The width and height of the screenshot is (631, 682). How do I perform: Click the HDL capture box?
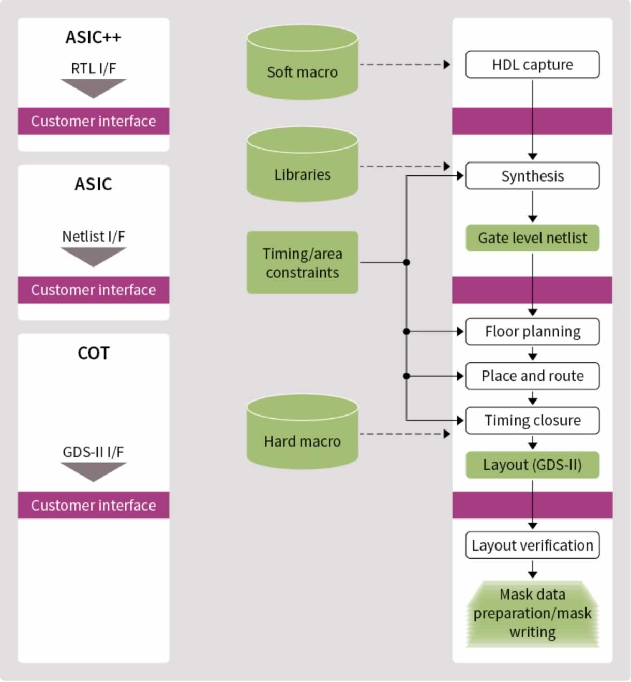(532, 65)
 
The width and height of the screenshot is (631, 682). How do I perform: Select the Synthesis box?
(532, 176)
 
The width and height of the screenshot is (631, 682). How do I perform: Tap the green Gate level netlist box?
(532, 238)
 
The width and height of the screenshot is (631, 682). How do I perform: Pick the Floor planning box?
(532, 331)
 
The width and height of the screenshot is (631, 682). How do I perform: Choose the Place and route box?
(532, 376)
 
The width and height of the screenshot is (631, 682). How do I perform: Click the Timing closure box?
(532, 420)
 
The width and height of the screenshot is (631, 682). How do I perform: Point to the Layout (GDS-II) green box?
(532, 465)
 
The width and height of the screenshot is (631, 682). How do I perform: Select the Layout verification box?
(532, 545)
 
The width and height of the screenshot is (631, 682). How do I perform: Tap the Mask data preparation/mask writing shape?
(532, 614)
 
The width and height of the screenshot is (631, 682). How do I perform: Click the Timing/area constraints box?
(303, 263)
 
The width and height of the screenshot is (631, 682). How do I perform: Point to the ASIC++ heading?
(93, 37)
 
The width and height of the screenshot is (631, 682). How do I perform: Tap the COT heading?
(93, 353)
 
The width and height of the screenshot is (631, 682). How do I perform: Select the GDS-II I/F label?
(93, 452)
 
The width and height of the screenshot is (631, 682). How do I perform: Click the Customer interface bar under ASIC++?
(93, 121)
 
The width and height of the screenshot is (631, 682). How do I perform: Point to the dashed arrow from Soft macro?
(403, 65)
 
